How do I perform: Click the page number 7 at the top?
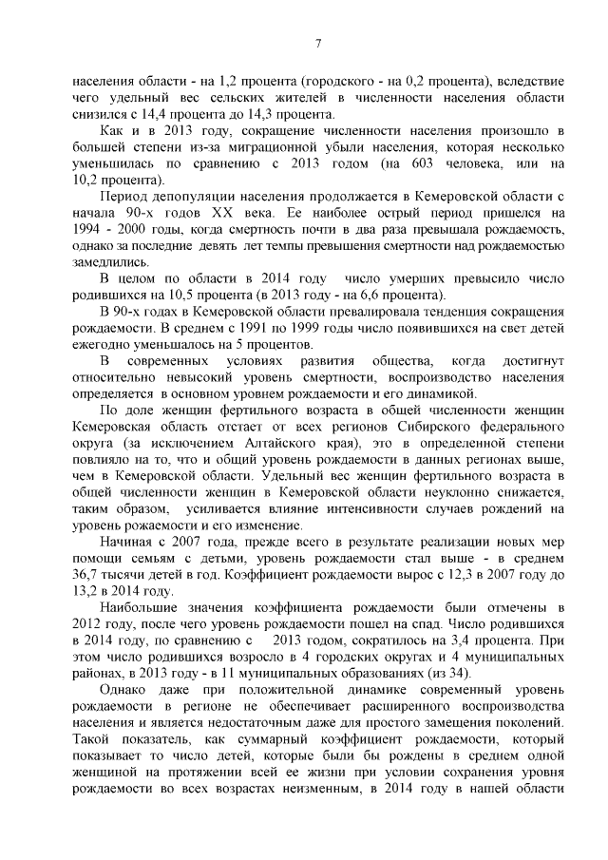coord(319,42)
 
